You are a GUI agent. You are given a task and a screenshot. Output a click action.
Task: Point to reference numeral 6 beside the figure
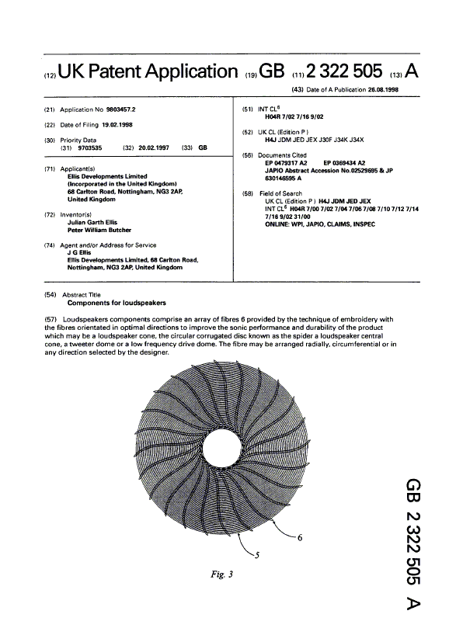[x=300, y=536]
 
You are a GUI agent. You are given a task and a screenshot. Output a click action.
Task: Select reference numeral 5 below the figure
[x=257, y=554]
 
